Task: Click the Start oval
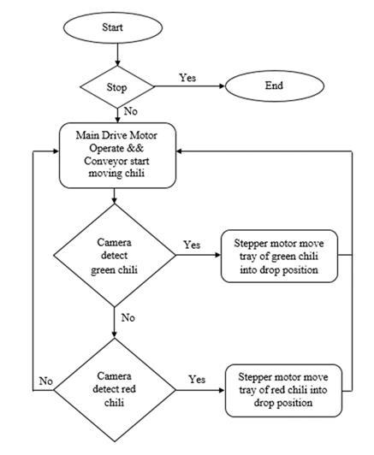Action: (113, 27)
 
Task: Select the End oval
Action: (275, 86)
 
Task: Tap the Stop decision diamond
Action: (117, 86)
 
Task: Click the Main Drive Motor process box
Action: (117, 156)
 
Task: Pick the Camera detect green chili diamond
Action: (115, 256)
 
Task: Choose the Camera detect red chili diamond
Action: (115, 390)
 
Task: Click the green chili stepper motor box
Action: (279, 257)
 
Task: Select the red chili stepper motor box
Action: (283, 391)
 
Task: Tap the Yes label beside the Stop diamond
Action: (187, 78)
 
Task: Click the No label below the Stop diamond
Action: (131, 111)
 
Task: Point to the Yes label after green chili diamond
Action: (192, 245)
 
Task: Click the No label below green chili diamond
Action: (128, 318)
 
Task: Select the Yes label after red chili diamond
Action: (197, 379)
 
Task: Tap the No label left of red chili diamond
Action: (46, 381)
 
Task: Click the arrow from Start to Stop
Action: (117, 55)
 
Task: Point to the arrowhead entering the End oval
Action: (223, 86)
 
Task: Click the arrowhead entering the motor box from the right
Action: (180, 151)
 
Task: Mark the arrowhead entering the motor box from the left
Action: (56, 151)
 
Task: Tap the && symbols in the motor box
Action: (135, 148)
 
